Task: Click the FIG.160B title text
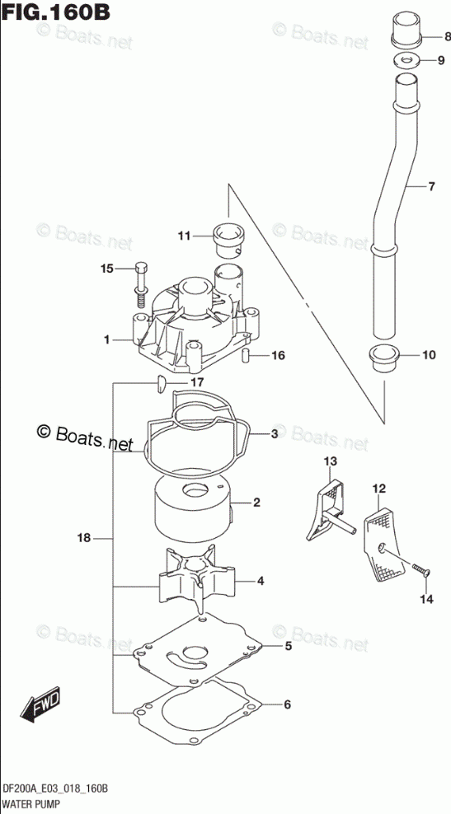tap(56, 12)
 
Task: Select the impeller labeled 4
tap(197, 578)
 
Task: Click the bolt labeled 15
tap(141, 284)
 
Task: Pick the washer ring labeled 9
tap(406, 59)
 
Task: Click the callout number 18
tap(83, 538)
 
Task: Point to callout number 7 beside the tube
tap(431, 186)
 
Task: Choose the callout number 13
tap(331, 461)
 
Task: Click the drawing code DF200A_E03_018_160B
tap(55, 789)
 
